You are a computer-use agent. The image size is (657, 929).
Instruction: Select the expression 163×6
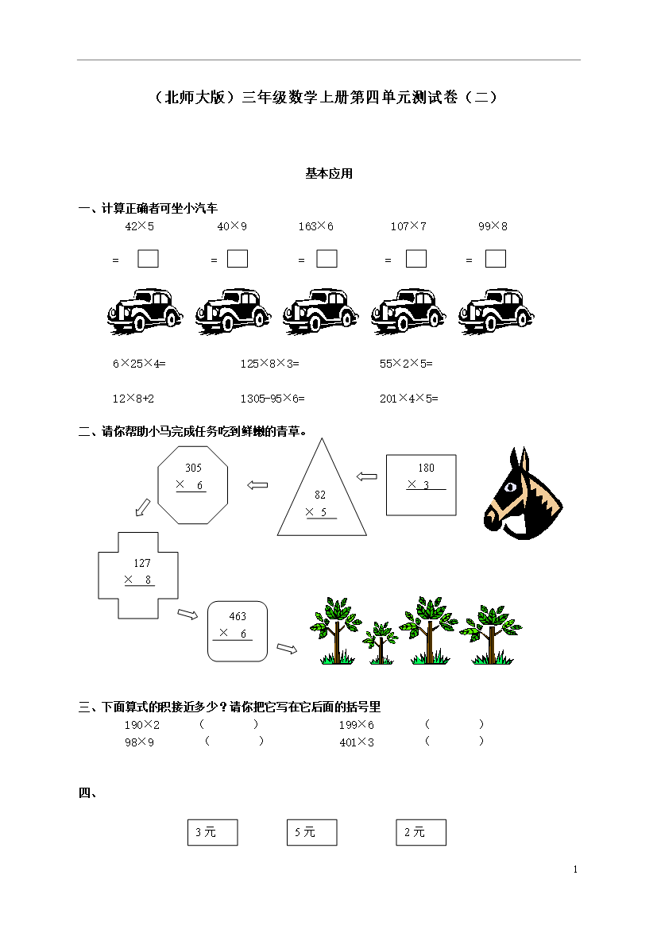tap(316, 226)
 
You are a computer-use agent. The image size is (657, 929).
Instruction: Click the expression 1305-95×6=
tap(272, 399)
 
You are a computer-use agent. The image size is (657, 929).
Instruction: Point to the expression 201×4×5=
tap(408, 399)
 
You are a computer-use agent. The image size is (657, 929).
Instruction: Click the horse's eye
tap(509, 488)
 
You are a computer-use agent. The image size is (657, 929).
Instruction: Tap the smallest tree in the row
tap(380, 643)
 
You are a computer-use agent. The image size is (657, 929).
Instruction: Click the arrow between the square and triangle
tap(367, 476)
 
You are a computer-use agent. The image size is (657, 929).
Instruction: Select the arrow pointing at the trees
tap(287, 649)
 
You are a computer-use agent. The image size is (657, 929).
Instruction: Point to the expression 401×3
tap(357, 742)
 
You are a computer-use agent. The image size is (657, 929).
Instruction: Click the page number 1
tap(575, 869)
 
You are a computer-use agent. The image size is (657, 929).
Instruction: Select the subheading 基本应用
tap(329, 174)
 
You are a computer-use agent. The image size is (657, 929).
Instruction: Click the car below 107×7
tap(408, 311)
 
